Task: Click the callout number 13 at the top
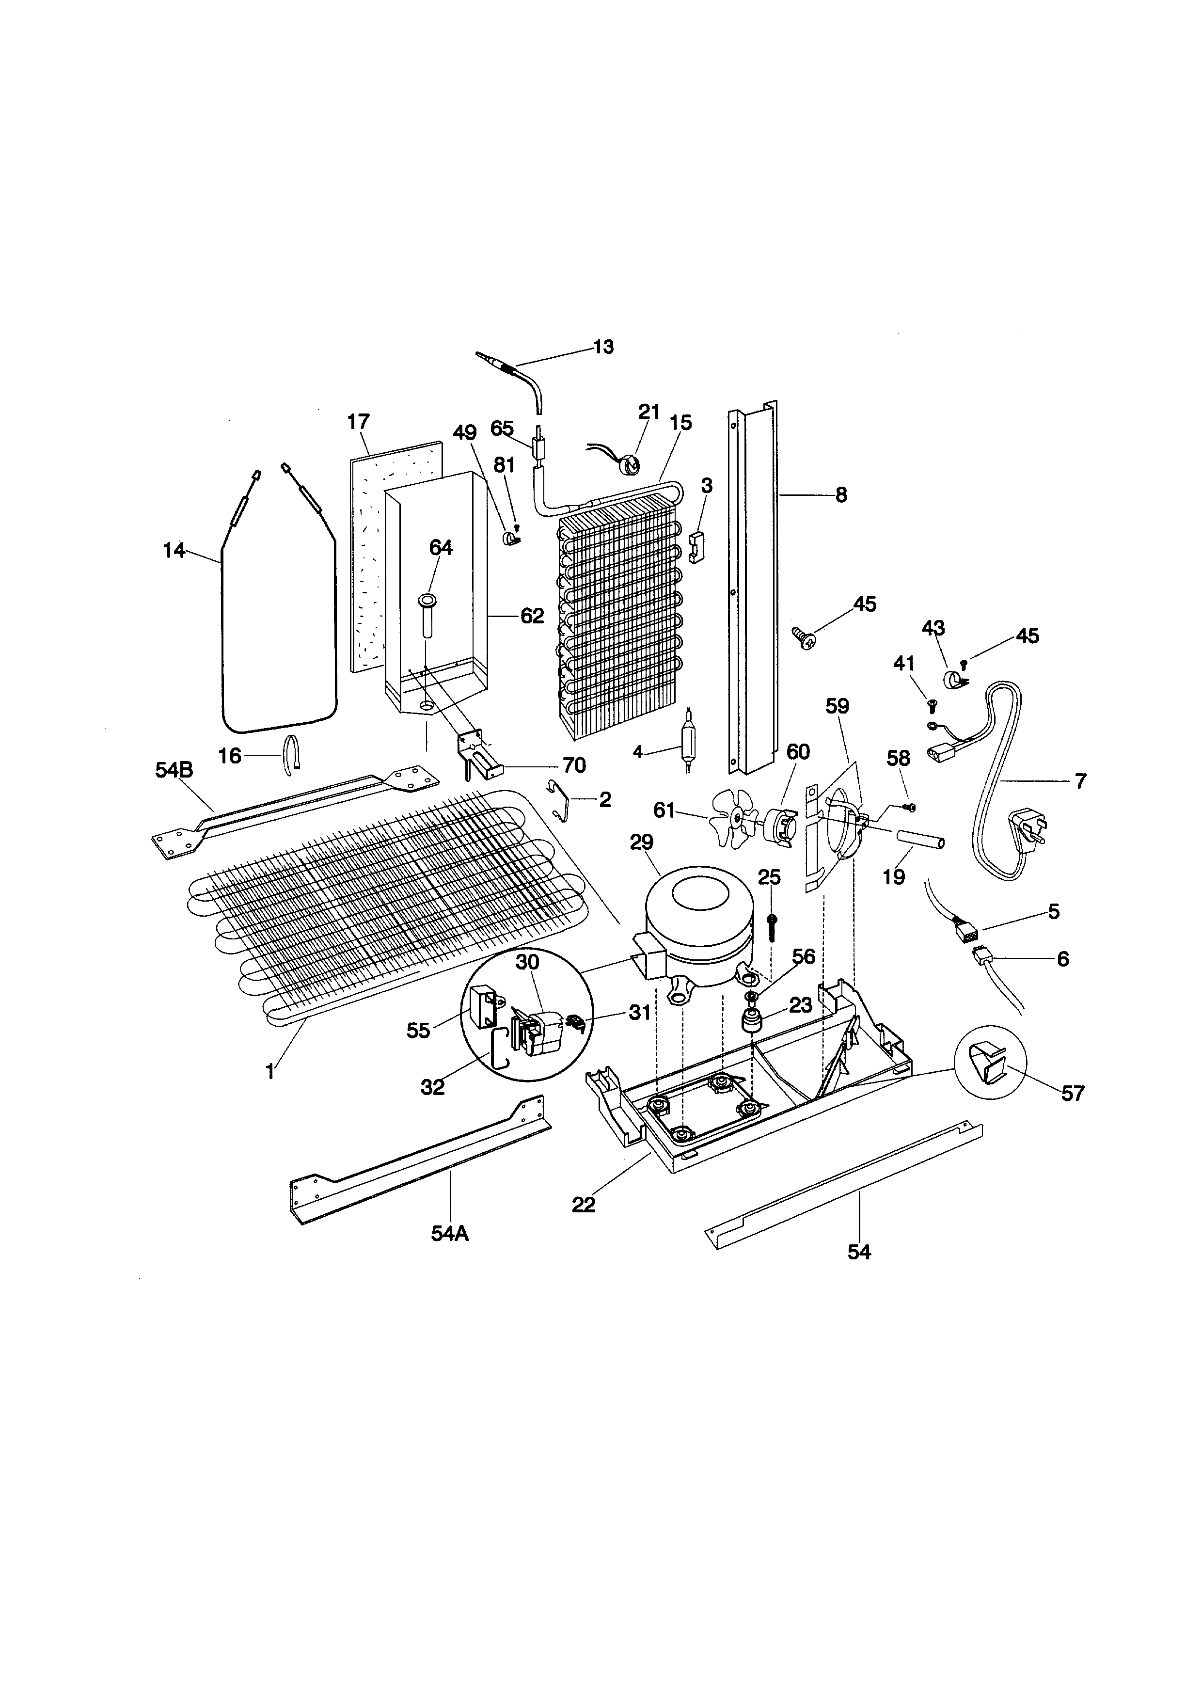point(604,347)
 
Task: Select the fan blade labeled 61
point(733,817)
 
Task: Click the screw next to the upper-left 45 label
point(803,637)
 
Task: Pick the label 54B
point(174,770)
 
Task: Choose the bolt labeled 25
point(772,925)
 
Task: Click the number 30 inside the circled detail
point(528,962)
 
